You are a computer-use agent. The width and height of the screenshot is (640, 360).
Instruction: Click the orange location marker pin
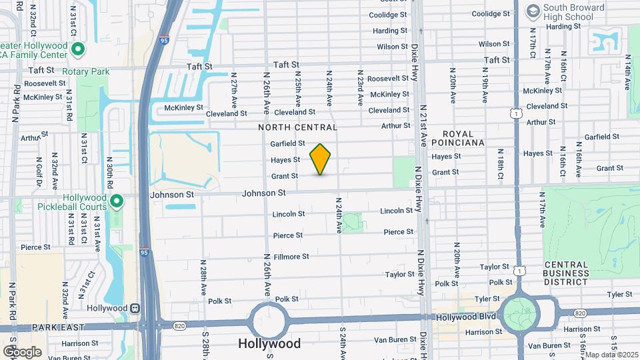point(321,159)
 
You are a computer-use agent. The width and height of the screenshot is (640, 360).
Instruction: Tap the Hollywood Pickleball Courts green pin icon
point(117,200)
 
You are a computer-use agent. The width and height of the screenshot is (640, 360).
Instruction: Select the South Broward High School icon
point(533,11)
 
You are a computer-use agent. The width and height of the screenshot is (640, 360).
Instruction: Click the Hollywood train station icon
point(135,308)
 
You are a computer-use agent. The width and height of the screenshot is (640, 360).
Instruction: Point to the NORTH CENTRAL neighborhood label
point(298,127)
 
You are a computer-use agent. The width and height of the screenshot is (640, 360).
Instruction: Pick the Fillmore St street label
point(291,256)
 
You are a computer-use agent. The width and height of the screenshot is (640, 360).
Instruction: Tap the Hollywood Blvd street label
point(466,316)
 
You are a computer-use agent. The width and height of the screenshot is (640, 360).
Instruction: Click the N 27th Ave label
point(234,95)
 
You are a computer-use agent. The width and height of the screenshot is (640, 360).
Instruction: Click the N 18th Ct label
point(500,164)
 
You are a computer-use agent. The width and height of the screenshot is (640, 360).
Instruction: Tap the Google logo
point(22,351)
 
